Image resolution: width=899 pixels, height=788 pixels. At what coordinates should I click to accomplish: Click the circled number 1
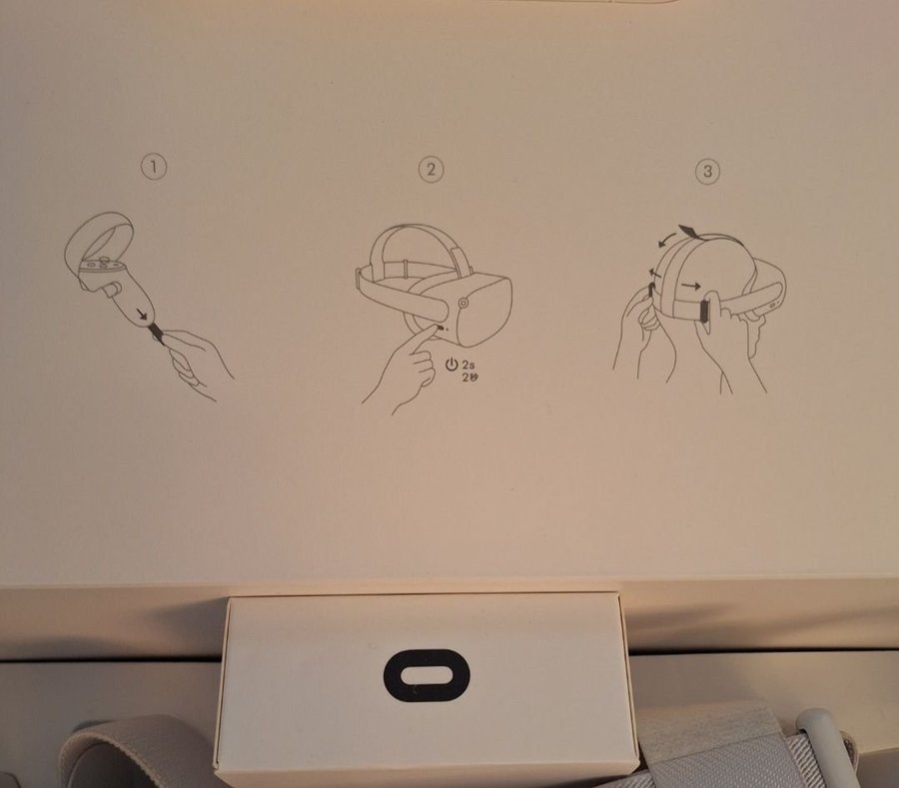click(154, 168)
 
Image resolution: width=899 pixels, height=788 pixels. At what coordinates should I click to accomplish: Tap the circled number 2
click(432, 169)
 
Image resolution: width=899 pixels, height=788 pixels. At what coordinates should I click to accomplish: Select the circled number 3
click(707, 172)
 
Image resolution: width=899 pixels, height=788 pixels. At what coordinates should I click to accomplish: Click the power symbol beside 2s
click(451, 365)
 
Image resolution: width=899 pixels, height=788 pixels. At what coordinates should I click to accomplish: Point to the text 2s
click(468, 365)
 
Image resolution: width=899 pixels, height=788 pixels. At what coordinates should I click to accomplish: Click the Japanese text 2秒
click(469, 377)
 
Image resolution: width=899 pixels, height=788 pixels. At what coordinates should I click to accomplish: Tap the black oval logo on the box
click(427, 675)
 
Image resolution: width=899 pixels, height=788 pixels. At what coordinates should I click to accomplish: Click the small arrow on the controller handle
click(141, 314)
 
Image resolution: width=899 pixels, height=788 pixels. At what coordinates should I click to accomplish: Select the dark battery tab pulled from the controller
click(157, 333)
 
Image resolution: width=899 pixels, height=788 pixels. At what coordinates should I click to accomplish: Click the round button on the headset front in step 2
click(463, 302)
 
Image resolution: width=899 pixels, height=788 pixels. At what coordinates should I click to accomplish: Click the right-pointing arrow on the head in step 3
click(691, 286)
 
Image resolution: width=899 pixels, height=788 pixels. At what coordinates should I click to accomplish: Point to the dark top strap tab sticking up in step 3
click(688, 231)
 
